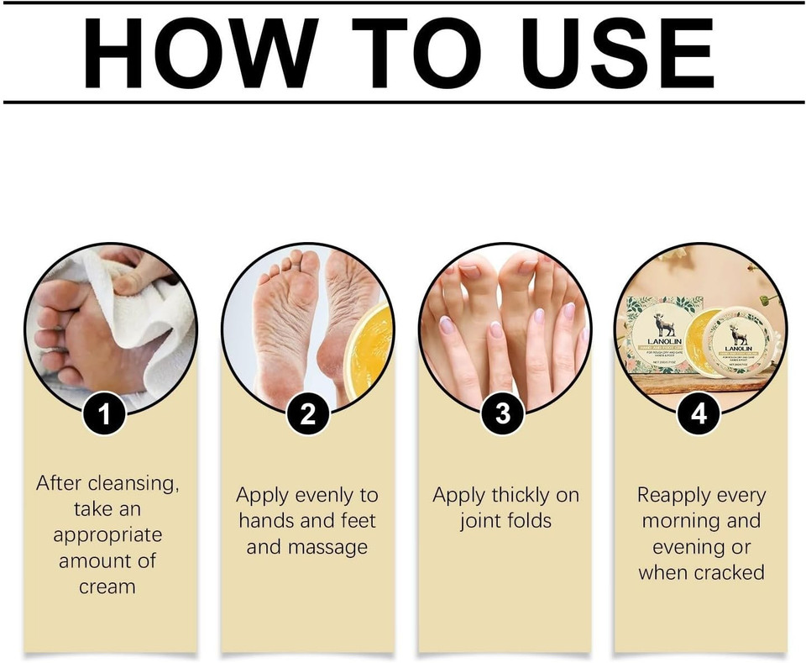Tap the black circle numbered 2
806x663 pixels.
pos(306,413)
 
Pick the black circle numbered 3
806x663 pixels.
pos(503,413)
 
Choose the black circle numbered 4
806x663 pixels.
pos(699,413)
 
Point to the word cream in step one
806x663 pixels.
pos(107,587)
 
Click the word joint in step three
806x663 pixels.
pos(479,521)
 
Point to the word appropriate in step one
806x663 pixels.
pos(107,534)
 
